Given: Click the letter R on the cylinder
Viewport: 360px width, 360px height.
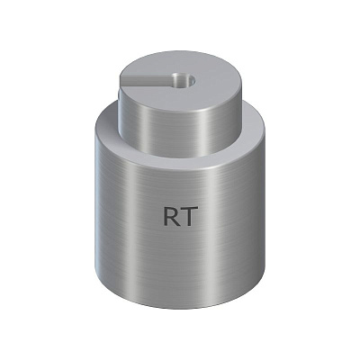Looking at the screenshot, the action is click(171, 216).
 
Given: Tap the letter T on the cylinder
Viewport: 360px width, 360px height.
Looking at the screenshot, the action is click(190, 216).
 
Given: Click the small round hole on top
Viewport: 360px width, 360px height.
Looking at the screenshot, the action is click(184, 79).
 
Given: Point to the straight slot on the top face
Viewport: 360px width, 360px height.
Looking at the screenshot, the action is click(146, 80).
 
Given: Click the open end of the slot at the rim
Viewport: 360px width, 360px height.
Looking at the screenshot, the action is click(121, 81).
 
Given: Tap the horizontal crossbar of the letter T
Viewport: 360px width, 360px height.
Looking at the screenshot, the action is click(190, 208).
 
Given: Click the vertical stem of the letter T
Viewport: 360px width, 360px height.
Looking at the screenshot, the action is click(190, 218).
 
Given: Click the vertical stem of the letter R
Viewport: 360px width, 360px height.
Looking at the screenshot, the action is click(166, 216).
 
